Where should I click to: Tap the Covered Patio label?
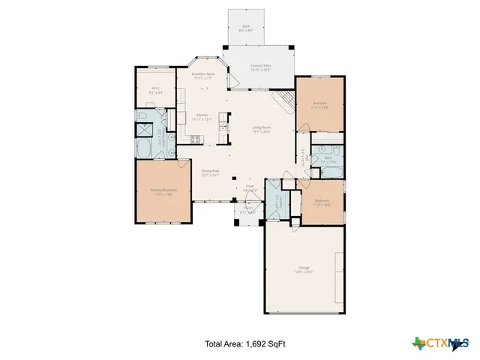point(261,67)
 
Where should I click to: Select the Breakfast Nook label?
point(203,76)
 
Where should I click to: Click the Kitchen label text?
point(202,117)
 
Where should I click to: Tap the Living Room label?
point(261,129)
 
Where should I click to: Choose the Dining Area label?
point(210,172)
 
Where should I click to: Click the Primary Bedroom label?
point(163,192)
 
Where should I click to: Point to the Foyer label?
point(250,187)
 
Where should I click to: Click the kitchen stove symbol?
point(196,139)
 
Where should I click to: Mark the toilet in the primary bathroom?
point(142,116)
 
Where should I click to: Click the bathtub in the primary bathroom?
point(142,147)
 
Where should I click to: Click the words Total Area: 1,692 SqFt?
point(245,344)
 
